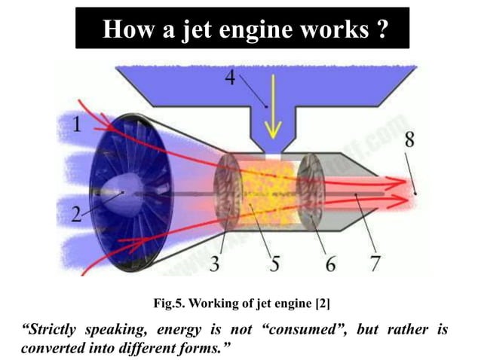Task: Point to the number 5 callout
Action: [276, 264]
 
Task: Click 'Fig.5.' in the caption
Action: [171, 304]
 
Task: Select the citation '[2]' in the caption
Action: [320, 304]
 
